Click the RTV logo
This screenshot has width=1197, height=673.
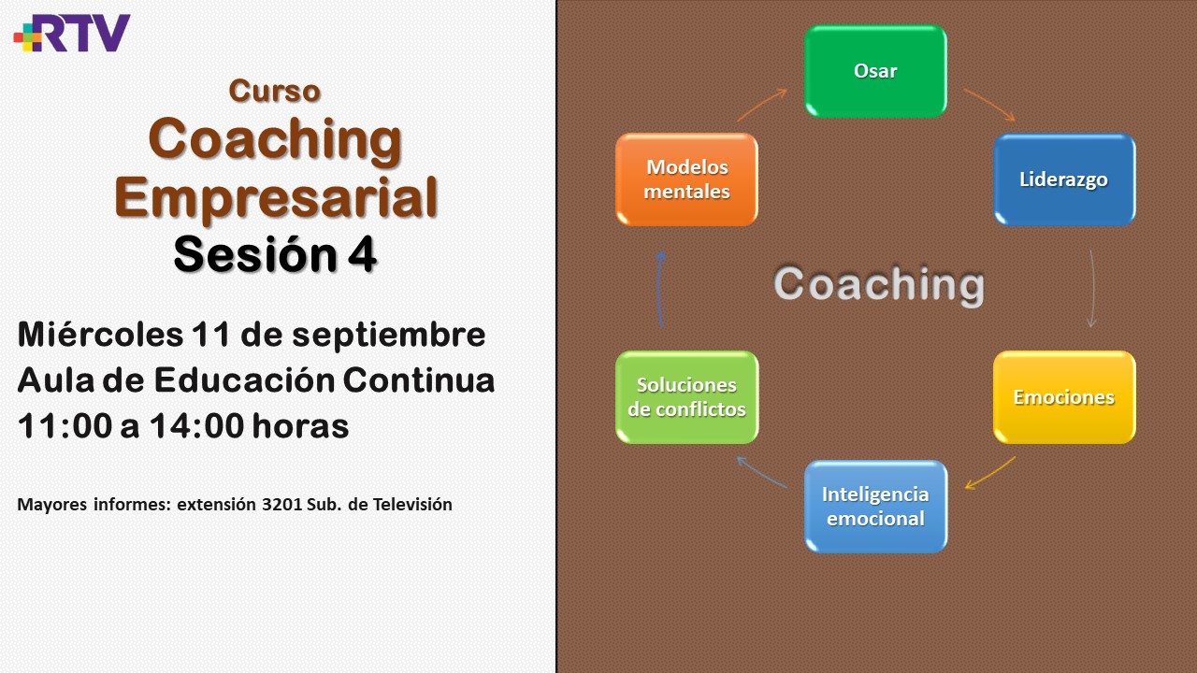[x=72, y=33]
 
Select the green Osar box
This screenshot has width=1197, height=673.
[x=875, y=71]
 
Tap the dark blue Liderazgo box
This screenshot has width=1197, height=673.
[x=1064, y=179]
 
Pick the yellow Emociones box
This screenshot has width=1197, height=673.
[x=1064, y=397]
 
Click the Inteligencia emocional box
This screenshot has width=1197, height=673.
[x=875, y=507]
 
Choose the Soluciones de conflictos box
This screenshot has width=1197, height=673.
[x=686, y=397]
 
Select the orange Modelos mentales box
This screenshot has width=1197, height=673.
[x=686, y=179]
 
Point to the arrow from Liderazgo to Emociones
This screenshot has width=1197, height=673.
[x=1093, y=289]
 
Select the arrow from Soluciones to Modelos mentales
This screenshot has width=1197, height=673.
[x=659, y=289]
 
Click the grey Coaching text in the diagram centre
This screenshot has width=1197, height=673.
[x=879, y=285]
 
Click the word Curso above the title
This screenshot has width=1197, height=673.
[x=275, y=91]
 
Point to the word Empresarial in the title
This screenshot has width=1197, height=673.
[x=276, y=198]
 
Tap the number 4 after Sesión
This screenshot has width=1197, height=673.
[x=362, y=255]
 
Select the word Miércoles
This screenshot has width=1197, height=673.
[x=100, y=335]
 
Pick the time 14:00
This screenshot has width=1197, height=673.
[x=196, y=426]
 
